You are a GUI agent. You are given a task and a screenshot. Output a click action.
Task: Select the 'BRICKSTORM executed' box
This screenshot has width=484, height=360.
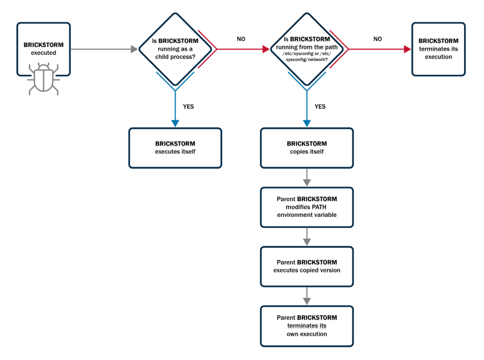coord(43,49)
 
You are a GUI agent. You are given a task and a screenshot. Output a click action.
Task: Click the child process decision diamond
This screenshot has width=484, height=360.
coord(175,48)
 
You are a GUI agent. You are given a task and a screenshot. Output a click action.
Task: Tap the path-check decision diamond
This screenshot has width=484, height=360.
coord(306,48)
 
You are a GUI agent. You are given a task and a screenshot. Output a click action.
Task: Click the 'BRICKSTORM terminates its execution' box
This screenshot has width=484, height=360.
coord(438,49)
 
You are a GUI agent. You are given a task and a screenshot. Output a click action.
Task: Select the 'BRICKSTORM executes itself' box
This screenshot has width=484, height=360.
coord(175,147)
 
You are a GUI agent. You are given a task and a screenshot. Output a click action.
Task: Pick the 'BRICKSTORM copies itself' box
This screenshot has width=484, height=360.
coord(307,147)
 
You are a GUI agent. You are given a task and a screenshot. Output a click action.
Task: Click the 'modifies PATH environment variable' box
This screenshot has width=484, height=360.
coord(307,207)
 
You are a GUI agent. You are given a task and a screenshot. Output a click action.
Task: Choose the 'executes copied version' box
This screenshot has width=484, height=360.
coord(307,266)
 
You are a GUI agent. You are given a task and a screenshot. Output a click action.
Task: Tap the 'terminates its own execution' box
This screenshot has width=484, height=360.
coord(307,325)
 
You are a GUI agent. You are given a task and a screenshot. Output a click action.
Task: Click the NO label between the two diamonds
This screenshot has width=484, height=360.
coord(241,39)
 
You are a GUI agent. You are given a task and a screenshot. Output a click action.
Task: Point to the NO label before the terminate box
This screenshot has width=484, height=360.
coord(378,39)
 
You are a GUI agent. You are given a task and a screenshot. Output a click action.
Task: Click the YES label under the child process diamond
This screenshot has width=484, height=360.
coord(189,106)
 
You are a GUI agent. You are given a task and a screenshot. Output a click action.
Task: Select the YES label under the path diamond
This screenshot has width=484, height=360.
coord(320,106)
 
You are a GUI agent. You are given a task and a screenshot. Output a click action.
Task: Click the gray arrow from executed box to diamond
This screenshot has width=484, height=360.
coord(103,49)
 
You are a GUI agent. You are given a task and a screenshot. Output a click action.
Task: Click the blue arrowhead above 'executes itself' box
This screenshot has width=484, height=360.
coord(175,123)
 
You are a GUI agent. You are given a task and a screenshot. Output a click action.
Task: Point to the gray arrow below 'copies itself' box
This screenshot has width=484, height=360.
coord(307,178)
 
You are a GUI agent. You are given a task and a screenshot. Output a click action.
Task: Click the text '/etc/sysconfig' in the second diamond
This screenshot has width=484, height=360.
coord(299,54)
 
